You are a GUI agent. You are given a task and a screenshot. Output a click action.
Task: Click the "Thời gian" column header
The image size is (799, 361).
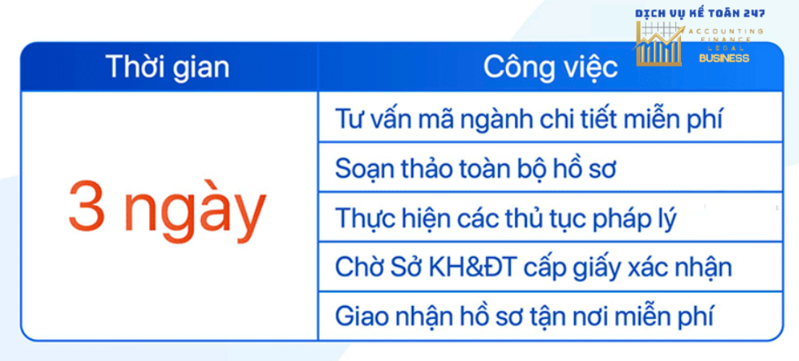[x=168, y=67]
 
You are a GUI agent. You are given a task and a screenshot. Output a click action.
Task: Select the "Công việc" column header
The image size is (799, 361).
[x=551, y=67]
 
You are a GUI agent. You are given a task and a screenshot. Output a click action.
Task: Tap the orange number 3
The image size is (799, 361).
[x=87, y=205]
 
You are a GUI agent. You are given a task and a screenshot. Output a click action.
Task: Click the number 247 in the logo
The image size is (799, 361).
[x=752, y=14]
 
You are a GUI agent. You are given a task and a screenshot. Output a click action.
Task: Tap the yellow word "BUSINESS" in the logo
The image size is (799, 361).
[x=724, y=58]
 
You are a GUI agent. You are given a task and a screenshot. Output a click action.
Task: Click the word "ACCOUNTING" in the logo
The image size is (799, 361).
[x=726, y=31]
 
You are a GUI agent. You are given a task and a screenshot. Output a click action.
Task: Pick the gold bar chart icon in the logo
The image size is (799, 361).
[x=659, y=44]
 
